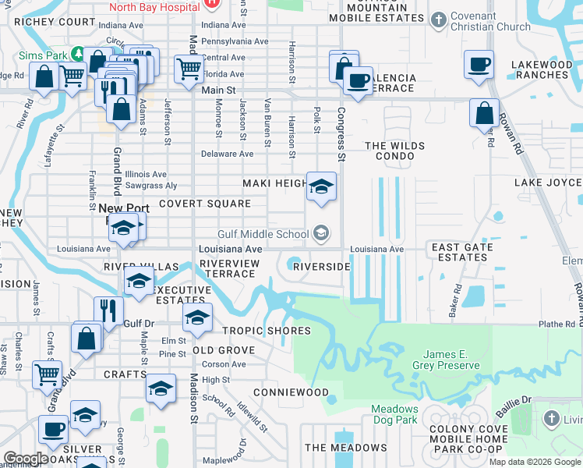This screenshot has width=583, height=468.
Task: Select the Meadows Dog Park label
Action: click(x=394, y=414)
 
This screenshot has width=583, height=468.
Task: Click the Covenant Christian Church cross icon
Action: click(x=440, y=18)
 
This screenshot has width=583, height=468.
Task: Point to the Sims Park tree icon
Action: click(x=78, y=53)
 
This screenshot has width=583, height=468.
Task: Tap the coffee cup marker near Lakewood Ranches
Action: click(x=479, y=65)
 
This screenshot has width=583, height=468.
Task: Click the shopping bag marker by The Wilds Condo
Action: click(x=484, y=113)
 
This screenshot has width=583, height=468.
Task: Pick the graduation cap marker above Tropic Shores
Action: click(x=197, y=317)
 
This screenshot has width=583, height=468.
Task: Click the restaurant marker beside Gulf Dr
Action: click(x=108, y=310)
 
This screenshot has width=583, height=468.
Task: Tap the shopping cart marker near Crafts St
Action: click(x=47, y=374)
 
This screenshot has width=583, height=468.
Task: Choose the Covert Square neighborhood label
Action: click(x=205, y=204)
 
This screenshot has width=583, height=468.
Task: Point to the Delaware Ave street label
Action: click(x=228, y=154)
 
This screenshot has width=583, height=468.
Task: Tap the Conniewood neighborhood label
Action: click(x=291, y=392)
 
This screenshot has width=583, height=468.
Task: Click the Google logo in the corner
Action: click(x=26, y=459)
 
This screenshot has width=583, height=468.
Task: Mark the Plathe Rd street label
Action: click(x=556, y=324)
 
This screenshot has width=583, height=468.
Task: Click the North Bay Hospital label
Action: click(x=154, y=7)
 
